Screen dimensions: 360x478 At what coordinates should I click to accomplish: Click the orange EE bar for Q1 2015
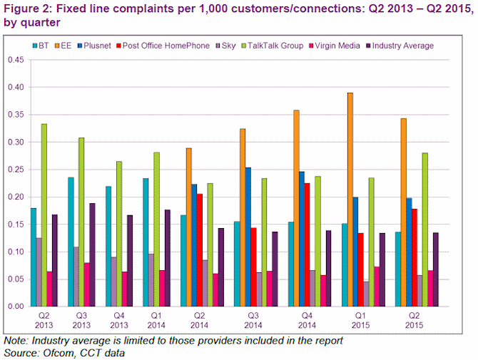[x=350, y=200]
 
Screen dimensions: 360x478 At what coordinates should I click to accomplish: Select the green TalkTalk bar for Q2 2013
[x=44, y=215]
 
